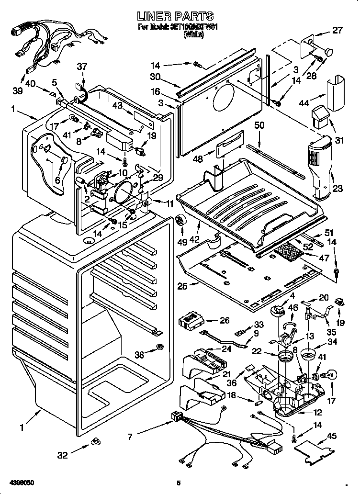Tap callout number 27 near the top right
(x=338, y=31)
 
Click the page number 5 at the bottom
(x=178, y=483)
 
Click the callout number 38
(x=139, y=355)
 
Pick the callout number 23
(x=338, y=189)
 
